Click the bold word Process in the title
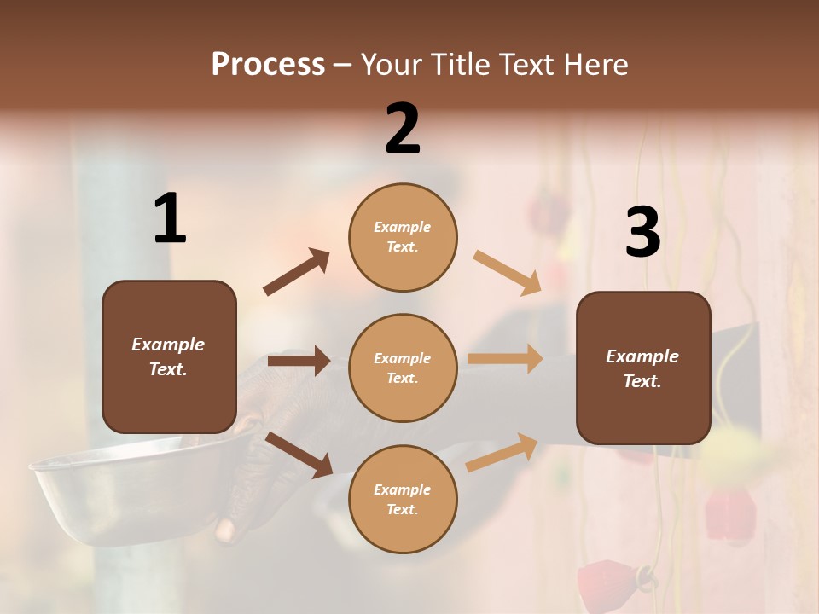tap(268, 64)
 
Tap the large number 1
tap(170, 219)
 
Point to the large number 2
tap(403, 130)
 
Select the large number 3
tap(642, 233)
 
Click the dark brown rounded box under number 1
tap(169, 356)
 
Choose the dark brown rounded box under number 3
tap(643, 368)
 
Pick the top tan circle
tap(403, 237)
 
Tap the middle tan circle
tap(403, 368)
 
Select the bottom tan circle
tap(403, 499)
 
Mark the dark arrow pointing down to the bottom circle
tap(299, 455)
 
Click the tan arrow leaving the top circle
tap(508, 272)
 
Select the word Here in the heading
tap(597, 64)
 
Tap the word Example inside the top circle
tap(402, 227)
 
